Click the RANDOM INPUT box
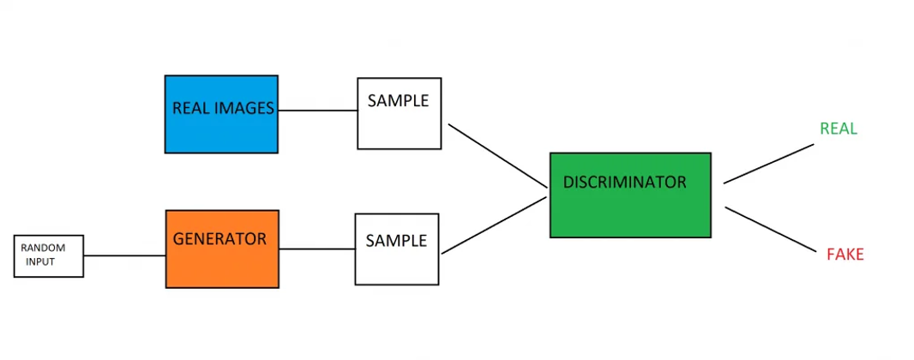pos(49,255)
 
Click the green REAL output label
pos(839,129)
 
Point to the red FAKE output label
pos(845,255)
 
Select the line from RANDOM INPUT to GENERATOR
pos(124,255)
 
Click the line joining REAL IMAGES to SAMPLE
pos(317,111)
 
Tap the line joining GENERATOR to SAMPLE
pos(316,249)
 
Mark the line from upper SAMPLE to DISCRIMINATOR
pos(497,155)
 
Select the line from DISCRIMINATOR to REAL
pos(768,163)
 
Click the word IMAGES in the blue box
pos(245,109)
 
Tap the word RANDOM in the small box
pos(43,248)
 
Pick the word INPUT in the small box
pos(40,261)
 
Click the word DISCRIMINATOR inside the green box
pos(624,183)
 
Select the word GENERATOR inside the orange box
pos(219,239)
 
